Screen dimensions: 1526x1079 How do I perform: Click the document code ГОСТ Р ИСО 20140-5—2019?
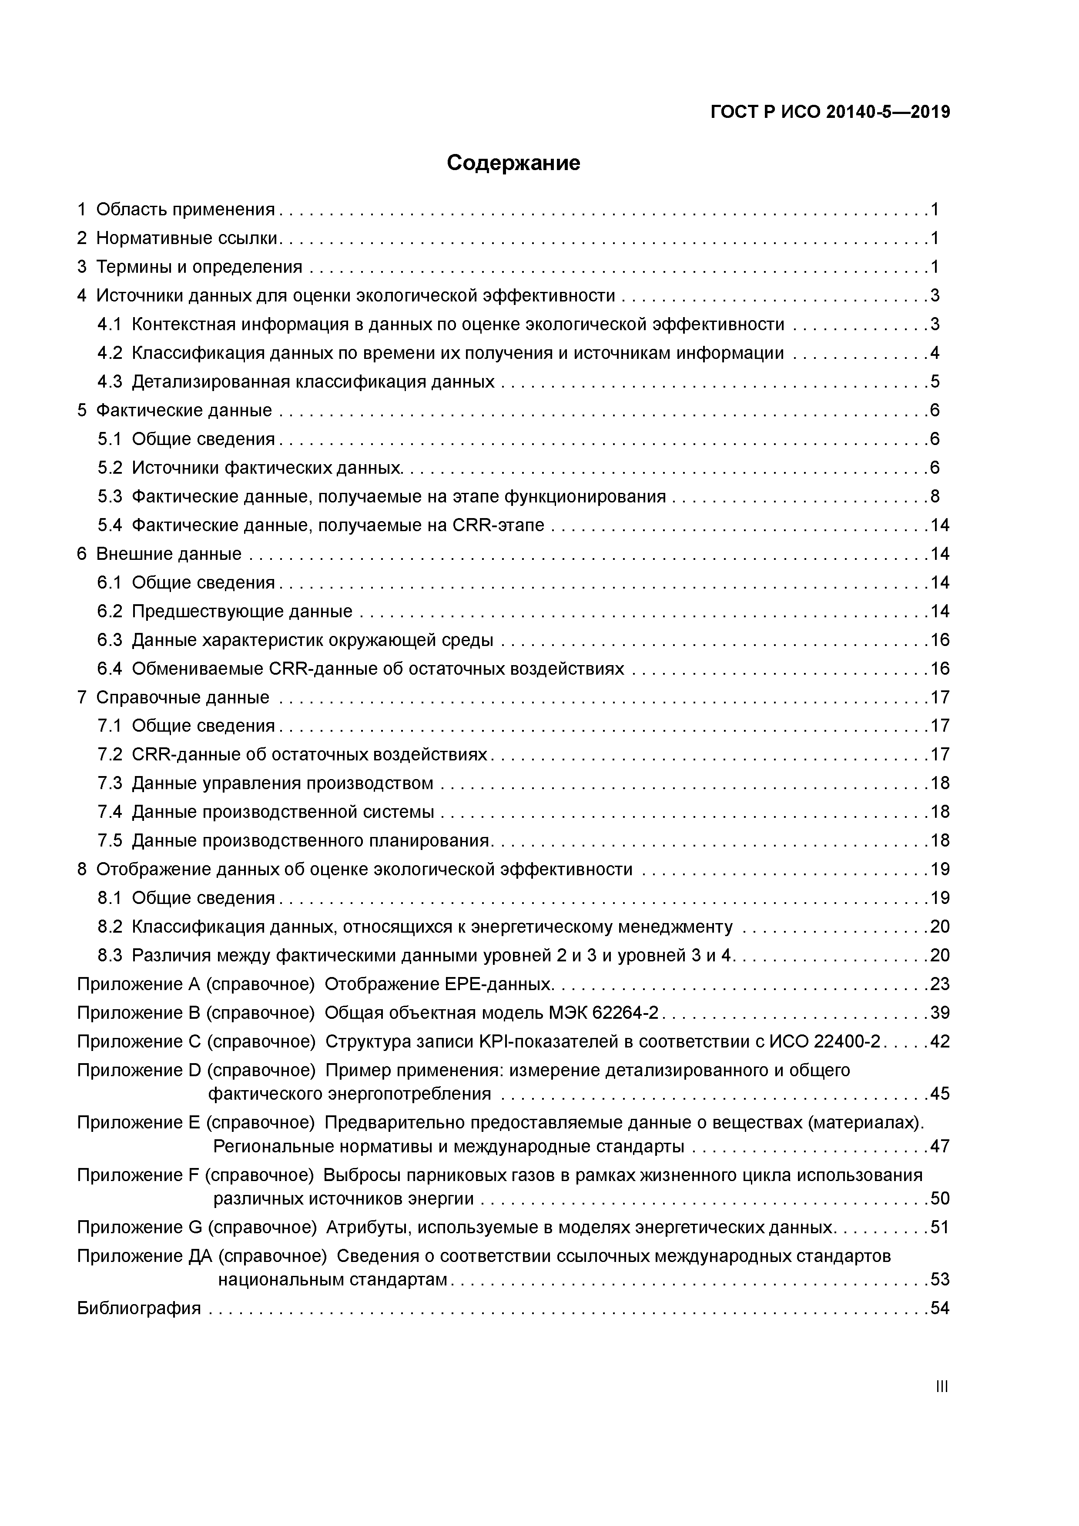tap(830, 112)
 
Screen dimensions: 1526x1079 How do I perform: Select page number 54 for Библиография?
tap(939, 1308)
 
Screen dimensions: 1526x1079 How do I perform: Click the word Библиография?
tap(139, 1308)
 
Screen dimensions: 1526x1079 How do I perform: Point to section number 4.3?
tap(110, 381)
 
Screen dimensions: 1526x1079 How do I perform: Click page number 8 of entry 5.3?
tap(935, 496)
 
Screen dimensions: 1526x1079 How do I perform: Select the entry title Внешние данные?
tap(169, 554)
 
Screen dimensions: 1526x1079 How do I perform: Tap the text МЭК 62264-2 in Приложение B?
tap(603, 1012)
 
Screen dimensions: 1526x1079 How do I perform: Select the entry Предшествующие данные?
tap(242, 611)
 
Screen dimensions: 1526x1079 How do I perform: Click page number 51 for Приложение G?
tap(939, 1227)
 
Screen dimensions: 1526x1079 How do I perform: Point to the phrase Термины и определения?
tap(199, 267)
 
